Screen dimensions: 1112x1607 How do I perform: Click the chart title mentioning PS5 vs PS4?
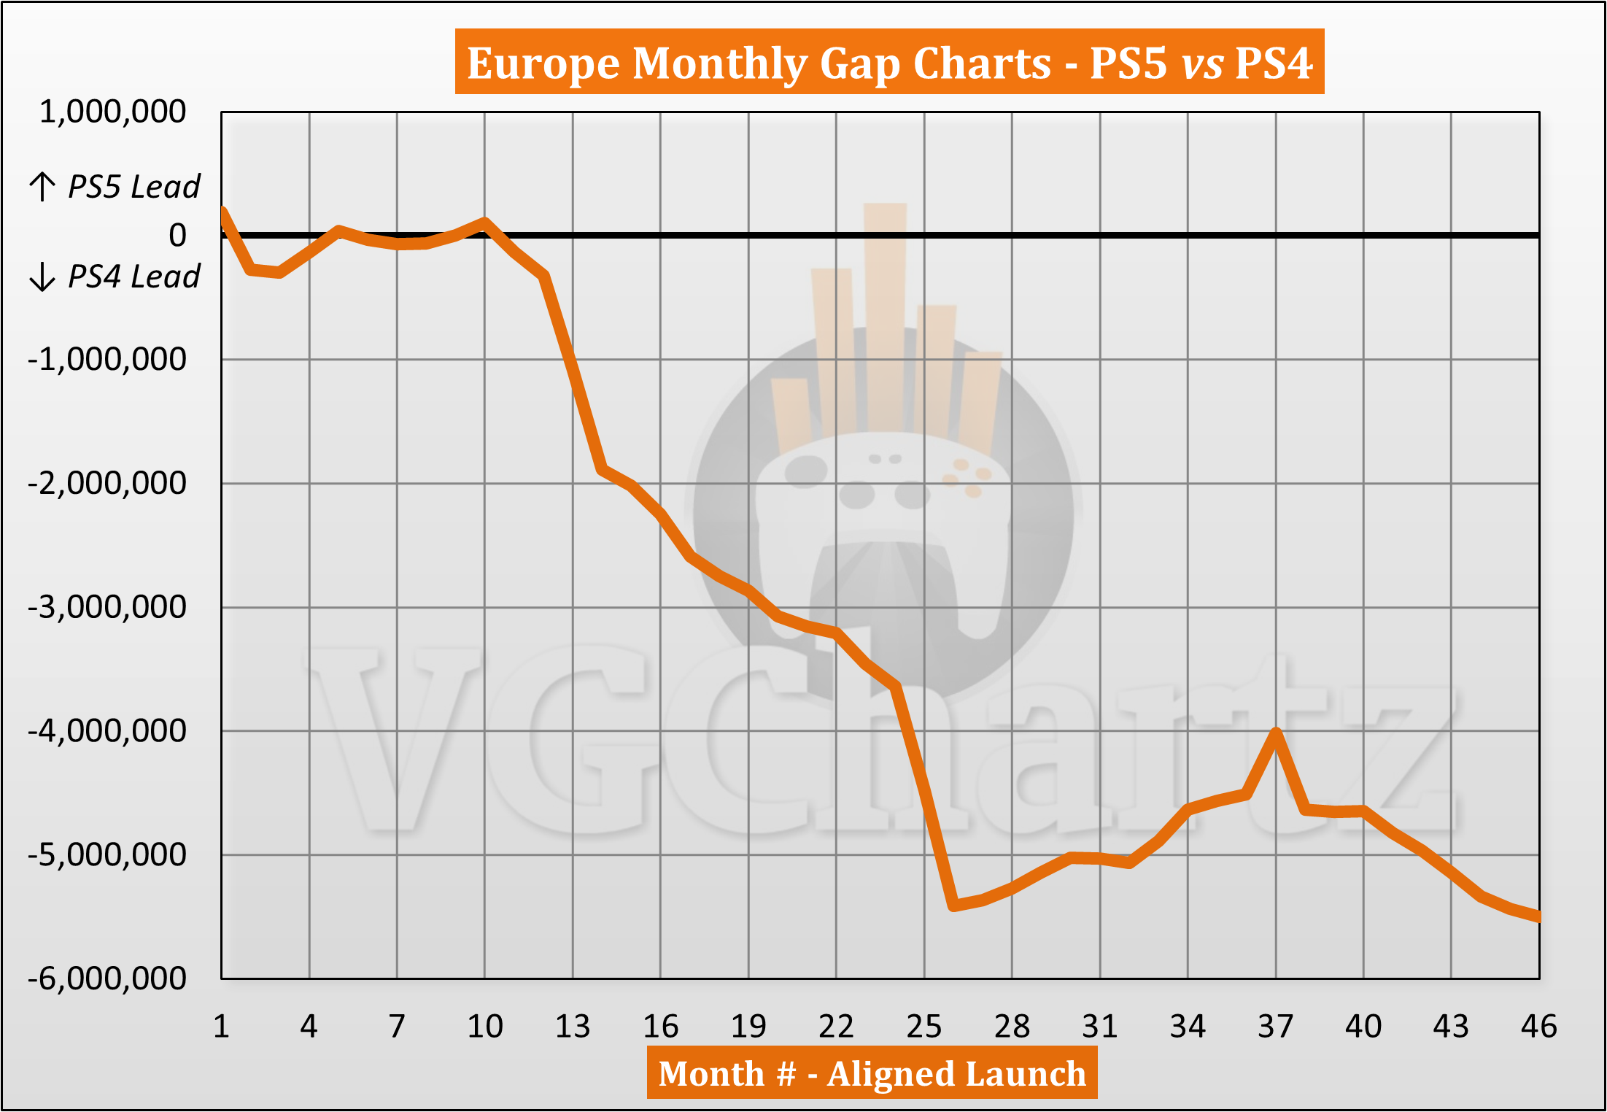[889, 63]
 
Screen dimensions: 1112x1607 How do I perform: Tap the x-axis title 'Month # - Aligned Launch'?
[872, 1073]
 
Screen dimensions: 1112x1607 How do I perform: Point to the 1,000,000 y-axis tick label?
[113, 112]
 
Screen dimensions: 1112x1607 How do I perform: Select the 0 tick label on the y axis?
[177, 236]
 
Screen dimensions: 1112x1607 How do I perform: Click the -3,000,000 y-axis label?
[107, 607]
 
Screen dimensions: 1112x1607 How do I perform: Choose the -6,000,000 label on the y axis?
[107, 978]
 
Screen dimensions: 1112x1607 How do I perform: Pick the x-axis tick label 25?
[923, 1027]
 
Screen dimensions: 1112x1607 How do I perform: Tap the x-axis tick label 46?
[1538, 1027]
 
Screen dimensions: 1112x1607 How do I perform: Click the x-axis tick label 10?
[484, 1027]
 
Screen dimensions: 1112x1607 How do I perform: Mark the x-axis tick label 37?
[1275, 1027]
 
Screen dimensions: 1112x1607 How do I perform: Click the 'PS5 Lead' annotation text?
[134, 187]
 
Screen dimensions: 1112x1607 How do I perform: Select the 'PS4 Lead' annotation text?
[134, 277]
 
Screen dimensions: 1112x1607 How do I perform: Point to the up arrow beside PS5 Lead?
[42, 187]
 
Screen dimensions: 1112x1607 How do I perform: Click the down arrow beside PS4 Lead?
[42, 277]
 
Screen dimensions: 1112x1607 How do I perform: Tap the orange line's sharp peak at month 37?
[1276, 732]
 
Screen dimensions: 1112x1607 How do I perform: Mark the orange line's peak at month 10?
[484, 221]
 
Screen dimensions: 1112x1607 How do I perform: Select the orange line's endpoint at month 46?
[1538, 917]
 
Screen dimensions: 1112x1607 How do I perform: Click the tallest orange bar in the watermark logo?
[885, 314]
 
